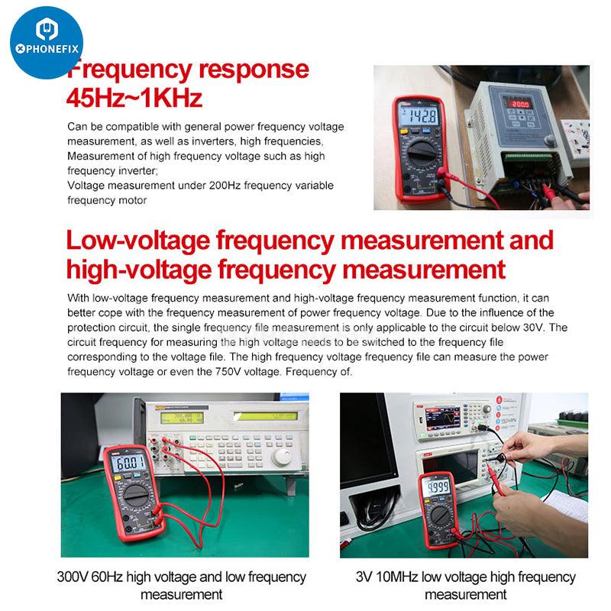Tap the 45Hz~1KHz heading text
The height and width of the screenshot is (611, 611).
pos(134,99)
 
